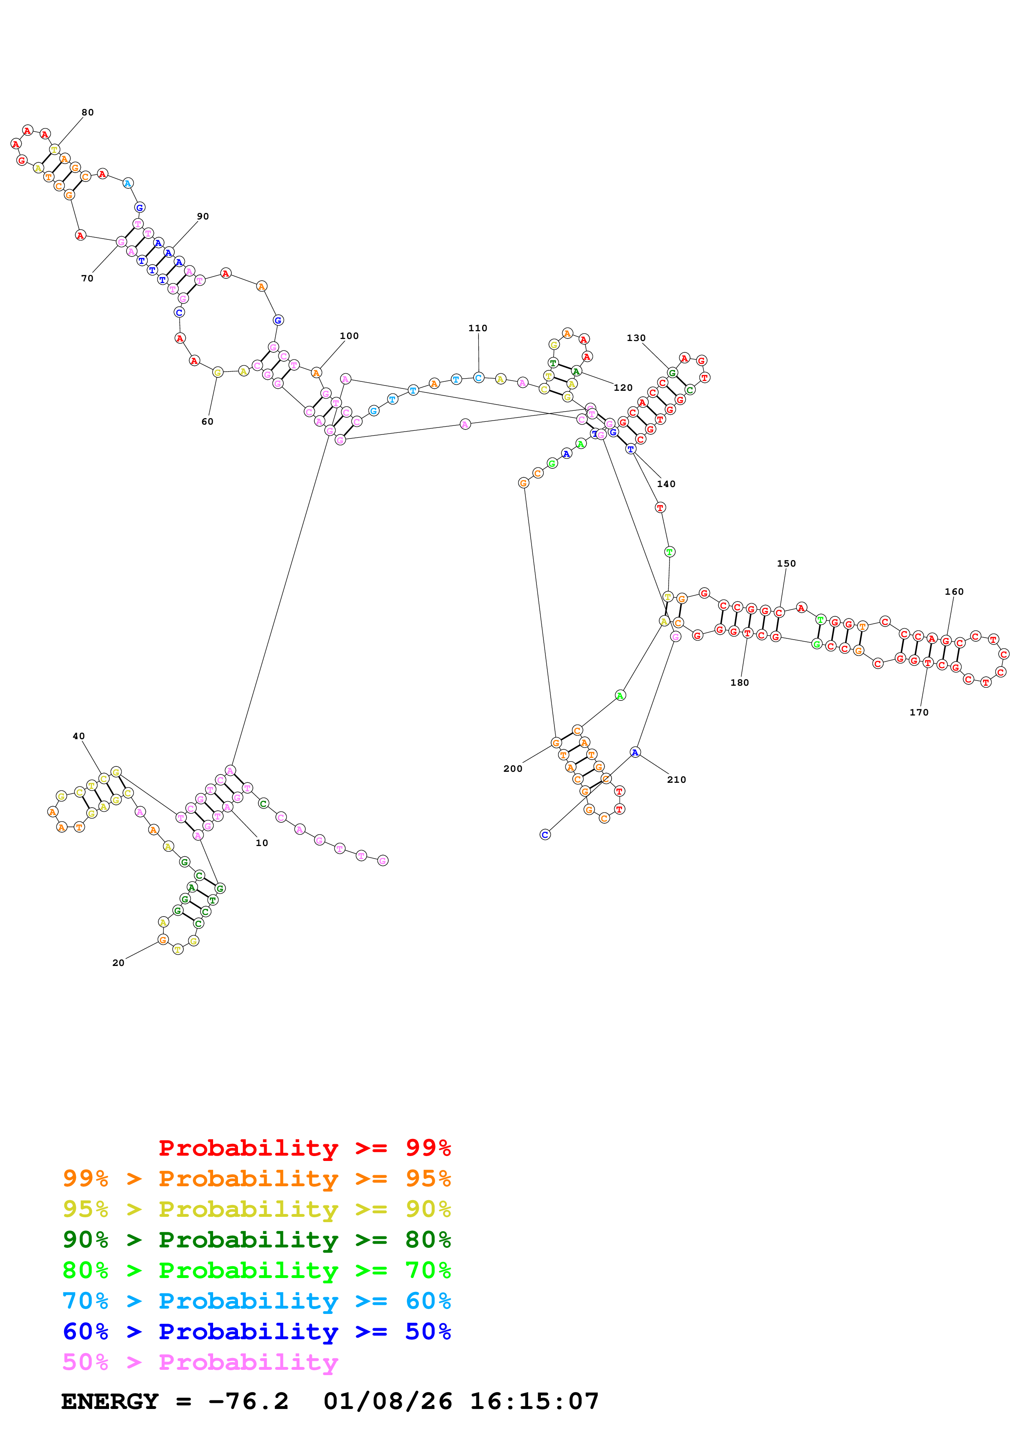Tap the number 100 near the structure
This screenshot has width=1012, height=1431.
tap(349, 336)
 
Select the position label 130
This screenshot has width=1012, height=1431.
tap(636, 338)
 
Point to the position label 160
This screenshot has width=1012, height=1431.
tap(954, 591)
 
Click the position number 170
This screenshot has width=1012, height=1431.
tap(919, 712)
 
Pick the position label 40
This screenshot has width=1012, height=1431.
tap(78, 736)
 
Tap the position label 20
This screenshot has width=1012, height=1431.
tap(118, 963)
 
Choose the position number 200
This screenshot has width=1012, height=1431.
tap(513, 769)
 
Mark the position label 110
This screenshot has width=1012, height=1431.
tap(478, 328)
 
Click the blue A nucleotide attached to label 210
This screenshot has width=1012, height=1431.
tap(635, 752)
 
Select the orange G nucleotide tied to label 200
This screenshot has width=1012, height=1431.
tap(556, 742)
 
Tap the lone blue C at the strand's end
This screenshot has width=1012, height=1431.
tap(545, 835)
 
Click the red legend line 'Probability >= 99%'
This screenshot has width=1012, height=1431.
tap(304, 1147)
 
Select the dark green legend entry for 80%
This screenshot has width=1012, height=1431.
tap(256, 1240)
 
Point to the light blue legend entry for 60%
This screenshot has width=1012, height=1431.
tap(256, 1301)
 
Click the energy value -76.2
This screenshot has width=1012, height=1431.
tap(248, 1402)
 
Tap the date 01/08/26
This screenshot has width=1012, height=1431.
tap(387, 1402)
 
